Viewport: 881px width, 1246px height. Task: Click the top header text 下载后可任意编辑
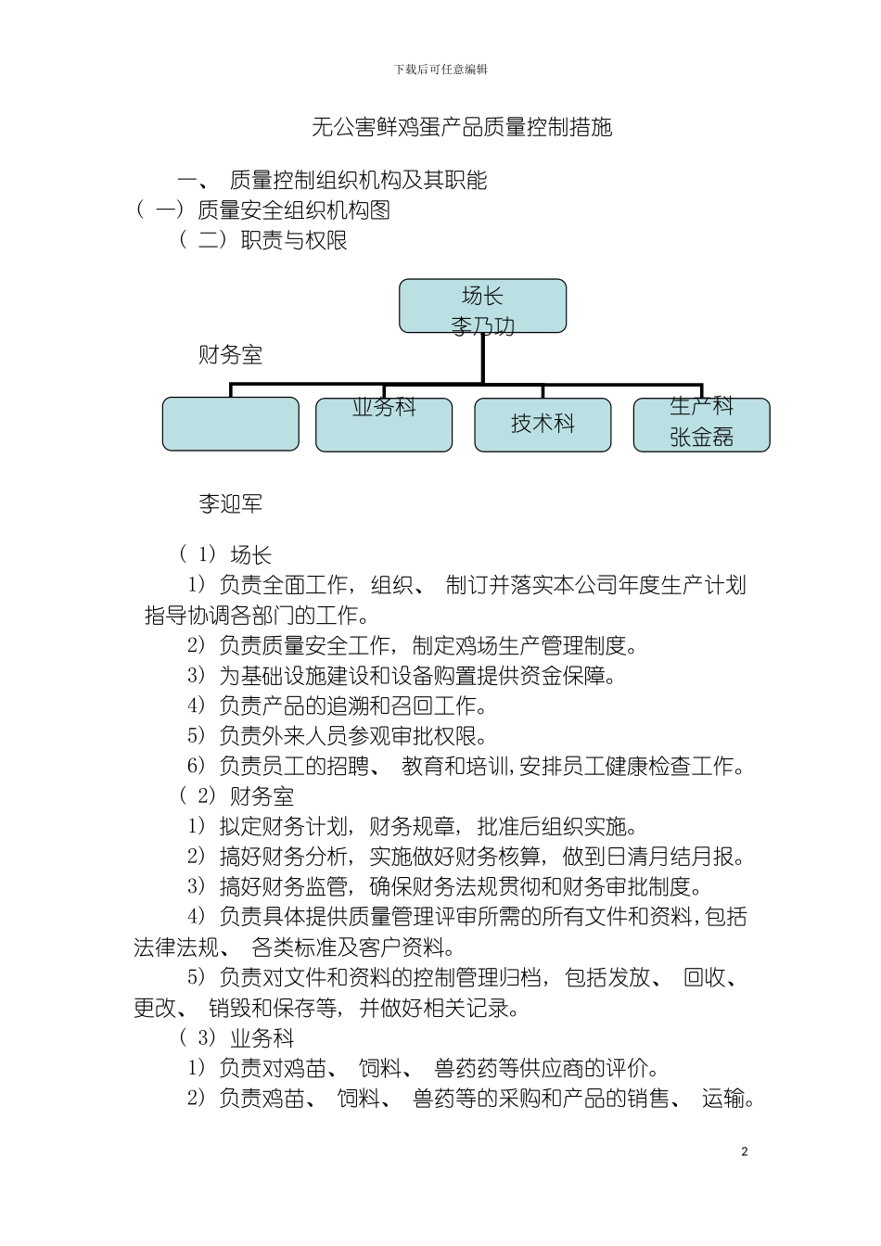click(440, 70)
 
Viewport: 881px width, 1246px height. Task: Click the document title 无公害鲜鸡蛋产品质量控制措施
click(461, 127)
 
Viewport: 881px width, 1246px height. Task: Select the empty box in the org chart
click(231, 425)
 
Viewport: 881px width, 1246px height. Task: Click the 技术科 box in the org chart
click(543, 425)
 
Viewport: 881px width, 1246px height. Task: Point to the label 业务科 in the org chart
click(384, 407)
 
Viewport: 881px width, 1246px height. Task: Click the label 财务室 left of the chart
click(230, 355)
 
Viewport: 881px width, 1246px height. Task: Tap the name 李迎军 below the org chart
click(230, 503)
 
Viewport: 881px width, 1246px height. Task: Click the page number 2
click(744, 1152)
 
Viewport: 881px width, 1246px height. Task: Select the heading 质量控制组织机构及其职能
click(358, 180)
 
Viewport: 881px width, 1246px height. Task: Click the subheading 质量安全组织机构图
click(293, 210)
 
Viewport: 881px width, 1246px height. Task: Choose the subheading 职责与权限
click(294, 240)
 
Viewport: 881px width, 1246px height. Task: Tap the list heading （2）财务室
click(236, 796)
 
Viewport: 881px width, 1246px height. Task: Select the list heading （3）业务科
click(236, 1038)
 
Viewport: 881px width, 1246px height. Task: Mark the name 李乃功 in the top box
click(482, 326)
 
